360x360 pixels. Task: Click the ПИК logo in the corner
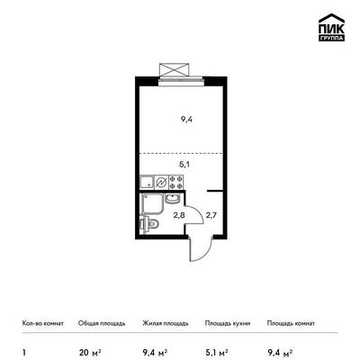click(x=331, y=27)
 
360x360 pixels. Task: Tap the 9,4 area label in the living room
click(x=186, y=120)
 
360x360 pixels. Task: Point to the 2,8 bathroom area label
click(x=176, y=215)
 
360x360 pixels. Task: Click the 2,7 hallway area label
click(x=211, y=215)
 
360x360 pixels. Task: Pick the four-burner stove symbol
click(x=176, y=182)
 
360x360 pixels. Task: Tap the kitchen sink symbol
click(x=147, y=182)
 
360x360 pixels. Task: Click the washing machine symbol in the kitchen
click(x=162, y=182)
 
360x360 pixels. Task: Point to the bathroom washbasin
click(x=172, y=198)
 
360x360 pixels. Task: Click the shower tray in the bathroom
click(x=152, y=203)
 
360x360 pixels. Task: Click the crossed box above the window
click(x=175, y=70)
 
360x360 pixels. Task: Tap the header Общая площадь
click(x=102, y=323)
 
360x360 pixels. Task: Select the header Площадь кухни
click(x=228, y=323)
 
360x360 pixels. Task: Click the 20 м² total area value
click(x=90, y=352)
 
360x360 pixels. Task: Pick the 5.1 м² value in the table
click(x=216, y=352)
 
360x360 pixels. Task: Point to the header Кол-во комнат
click(x=43, y=323)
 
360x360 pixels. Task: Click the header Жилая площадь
click(x=166, y=323)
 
